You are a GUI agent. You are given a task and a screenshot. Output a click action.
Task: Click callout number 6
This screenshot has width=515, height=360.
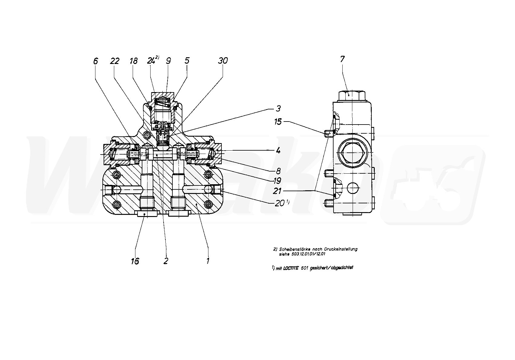coord(95,61)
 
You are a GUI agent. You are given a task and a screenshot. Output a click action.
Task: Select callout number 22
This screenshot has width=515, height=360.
coord(115,61)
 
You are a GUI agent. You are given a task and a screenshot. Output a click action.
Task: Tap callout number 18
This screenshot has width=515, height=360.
coord(133,61)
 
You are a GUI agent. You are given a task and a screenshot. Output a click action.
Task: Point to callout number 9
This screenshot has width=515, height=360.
coord(168,61)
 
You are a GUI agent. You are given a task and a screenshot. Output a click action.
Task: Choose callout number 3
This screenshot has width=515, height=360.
coord(278,108)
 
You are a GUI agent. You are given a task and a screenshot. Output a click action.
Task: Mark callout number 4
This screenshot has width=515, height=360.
coord(278,150)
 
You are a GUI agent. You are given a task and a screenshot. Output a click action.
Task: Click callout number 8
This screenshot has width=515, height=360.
coord(278,171)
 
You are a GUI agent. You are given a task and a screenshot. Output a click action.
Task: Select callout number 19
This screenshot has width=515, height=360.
coord(277,181)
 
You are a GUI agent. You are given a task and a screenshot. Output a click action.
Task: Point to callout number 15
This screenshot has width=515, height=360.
coord(278,122)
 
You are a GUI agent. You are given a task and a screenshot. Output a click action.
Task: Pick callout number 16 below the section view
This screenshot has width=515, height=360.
coord(135,261)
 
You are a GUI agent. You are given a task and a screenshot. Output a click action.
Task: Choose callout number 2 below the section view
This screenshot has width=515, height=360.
coord(165,261)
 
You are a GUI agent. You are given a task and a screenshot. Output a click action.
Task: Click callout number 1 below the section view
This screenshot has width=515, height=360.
coord(208,261)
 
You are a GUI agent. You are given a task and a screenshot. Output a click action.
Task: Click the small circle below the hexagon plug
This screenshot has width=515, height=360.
coord(352,188)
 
